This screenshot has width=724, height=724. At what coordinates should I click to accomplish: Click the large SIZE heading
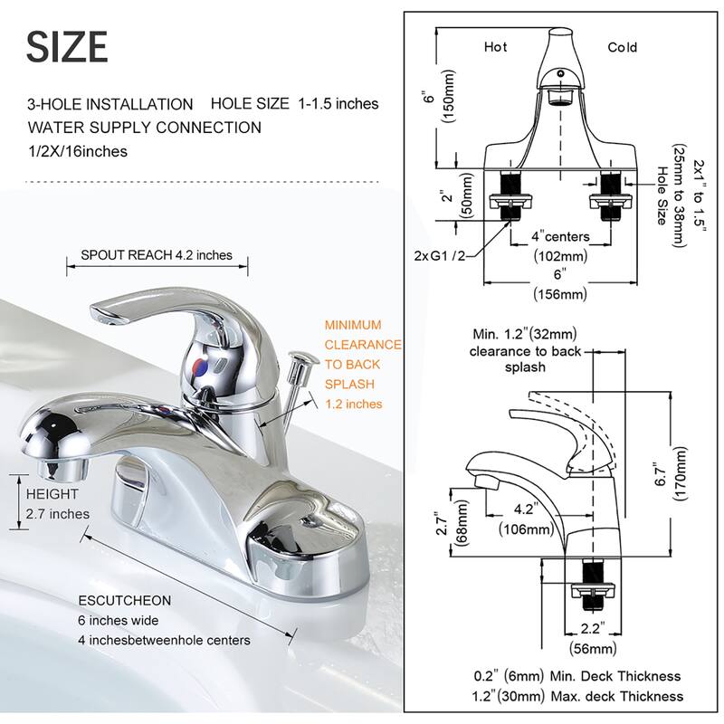(67, 46)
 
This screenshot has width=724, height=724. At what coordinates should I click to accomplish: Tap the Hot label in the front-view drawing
(496, 47)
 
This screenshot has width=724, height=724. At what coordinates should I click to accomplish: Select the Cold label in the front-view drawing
(622, 47)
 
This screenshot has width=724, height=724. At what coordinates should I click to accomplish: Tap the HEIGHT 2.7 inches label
(57, 504)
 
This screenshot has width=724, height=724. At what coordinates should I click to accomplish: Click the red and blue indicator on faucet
(198, 367)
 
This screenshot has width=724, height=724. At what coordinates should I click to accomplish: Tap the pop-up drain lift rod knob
(299, 362)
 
